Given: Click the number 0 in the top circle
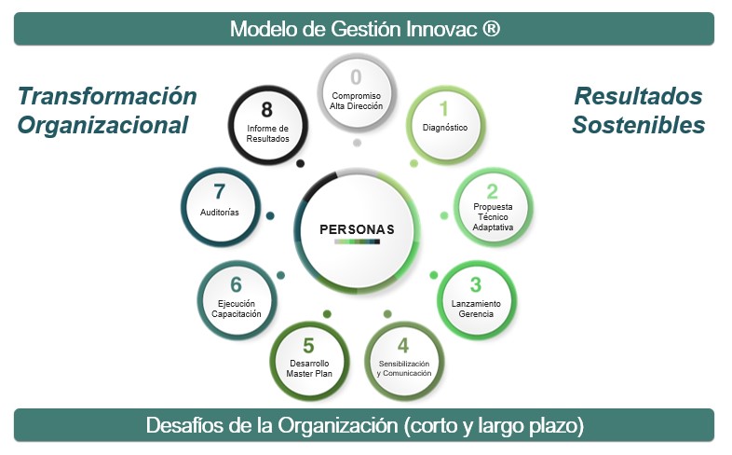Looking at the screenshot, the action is click(x=356, y=77).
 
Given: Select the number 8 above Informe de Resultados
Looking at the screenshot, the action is click(x=266, y=110).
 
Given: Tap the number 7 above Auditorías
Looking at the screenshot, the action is click(x=220, y=191).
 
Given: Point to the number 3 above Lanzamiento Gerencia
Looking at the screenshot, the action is click(x=476, y=284).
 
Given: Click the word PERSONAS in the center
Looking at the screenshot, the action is click(x=357, y=229).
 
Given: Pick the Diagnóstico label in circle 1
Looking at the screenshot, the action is click(x=445, y=127).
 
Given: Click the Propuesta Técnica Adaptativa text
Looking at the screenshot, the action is click(x=493, y=216).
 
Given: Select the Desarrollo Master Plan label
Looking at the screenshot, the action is click(x=309, y=368).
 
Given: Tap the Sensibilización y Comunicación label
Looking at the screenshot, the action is click(x=404, y=368).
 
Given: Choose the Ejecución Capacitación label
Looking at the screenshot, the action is click(x=237, y=309).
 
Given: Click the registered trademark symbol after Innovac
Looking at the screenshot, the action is click(x=491, y=29).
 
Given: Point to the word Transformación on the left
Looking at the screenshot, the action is click(x=107, y=96).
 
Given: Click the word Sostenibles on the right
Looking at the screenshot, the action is click(x=639, y=125).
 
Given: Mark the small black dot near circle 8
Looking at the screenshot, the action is click(x=301, y=163).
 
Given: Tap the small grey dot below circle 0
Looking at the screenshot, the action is click(x=357, y=143).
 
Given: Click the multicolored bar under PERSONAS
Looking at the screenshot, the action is click(x=357, y=241).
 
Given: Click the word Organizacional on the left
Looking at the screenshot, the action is click(x=102, y=125).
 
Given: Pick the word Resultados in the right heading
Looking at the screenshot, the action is click(x=638, y=96).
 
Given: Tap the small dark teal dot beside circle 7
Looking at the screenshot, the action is click(x=270, y=215).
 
